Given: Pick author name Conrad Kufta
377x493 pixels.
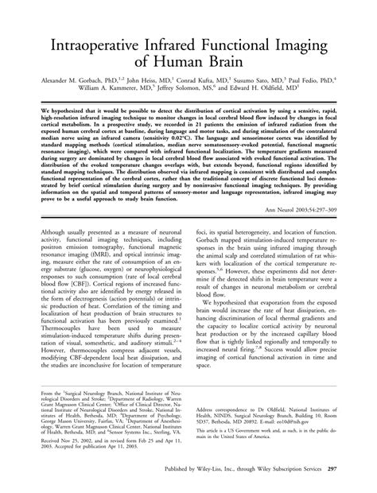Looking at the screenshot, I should click(x=206, y=80).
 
